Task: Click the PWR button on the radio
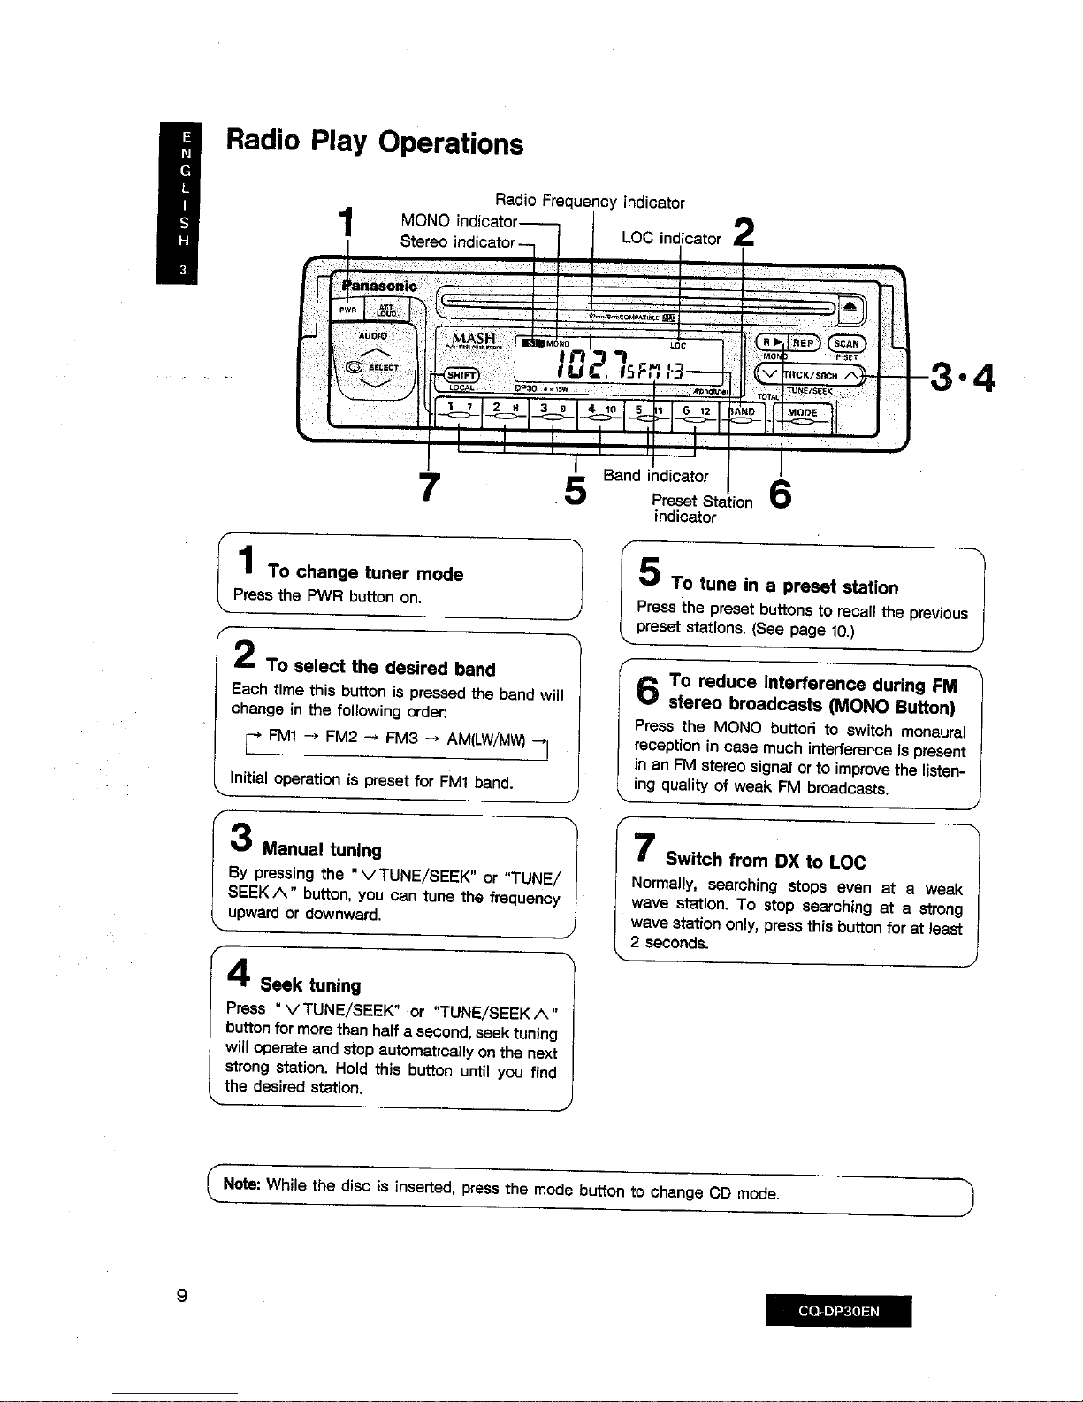pyautogui.click(x=349, y=310)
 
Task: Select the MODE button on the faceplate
pyautogui.click(x=802, y=413)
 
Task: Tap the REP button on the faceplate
pyautogui.click(x=803, y=343)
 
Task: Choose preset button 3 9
pyautogui.click(x=553, y=410)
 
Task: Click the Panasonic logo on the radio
pyautogui.click(x=379, y=287)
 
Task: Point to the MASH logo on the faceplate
pyautogui.click(x=474, y=341)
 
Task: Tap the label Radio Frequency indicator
pyautogui.click(x=590, y=203)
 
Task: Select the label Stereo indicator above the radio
pyautogui.click(x=457, y=241)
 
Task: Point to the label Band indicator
pyautogui.click(x=655, y=476)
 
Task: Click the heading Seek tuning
pyautogui.click(x=310, y=985)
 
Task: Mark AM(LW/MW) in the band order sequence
pyautogui.click(x=485, y=739)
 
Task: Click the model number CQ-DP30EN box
pyautogui.click(x=838, y=1311)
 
